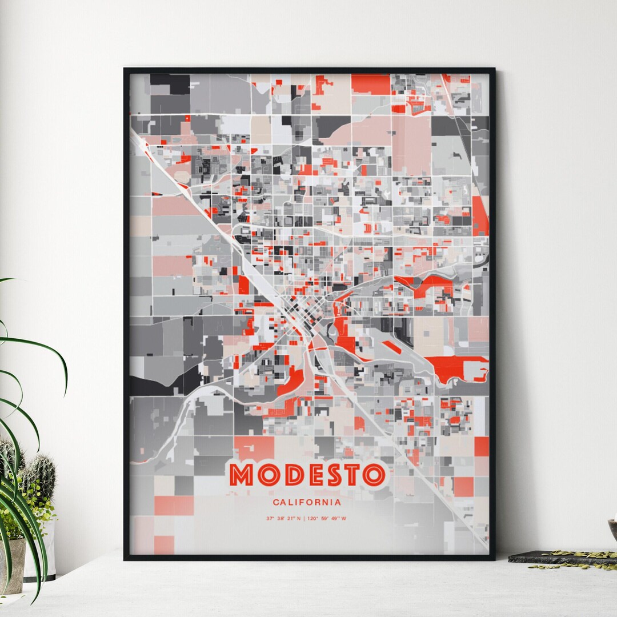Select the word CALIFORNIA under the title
pyautogui.click(x=307, y=503)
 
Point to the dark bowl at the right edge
pyautogui.click(x=613, y=528)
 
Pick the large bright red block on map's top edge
pyautogui.click(x=370, y=83)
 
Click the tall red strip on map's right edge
pyautogui.click(x=480, y=217)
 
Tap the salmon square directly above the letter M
pyautogui.click(x=254, y=448)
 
